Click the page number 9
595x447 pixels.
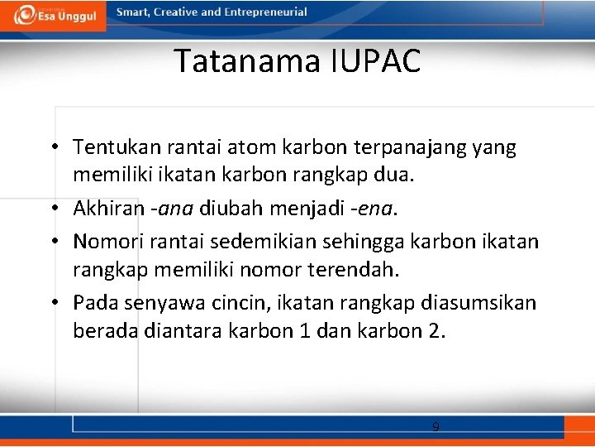tap(436, 427)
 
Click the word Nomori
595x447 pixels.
tap(104, 241)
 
